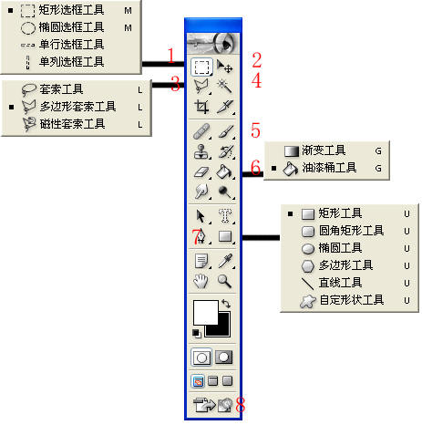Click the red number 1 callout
coord(171,56)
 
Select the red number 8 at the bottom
coord(240,404)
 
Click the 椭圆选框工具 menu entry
coord(71,27)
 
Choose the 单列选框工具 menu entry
coord(71,62)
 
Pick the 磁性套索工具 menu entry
coord(72,124)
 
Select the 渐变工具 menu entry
coord(324,150)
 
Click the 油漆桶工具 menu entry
coord(329,168)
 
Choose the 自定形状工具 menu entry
coord(351,300)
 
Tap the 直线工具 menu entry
coord(340,283)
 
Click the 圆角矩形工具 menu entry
coord(351,231)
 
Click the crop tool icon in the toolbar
coord(201,107)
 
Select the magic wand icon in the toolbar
coord(225,86)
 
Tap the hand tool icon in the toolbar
coord(201,281)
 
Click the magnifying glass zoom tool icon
coord(225,281)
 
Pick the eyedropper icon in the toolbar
coord(225,261)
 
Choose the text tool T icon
coord(225,215)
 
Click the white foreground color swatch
coord(206,312)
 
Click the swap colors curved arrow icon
coord(226,304)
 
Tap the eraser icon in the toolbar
coord(201,172)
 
